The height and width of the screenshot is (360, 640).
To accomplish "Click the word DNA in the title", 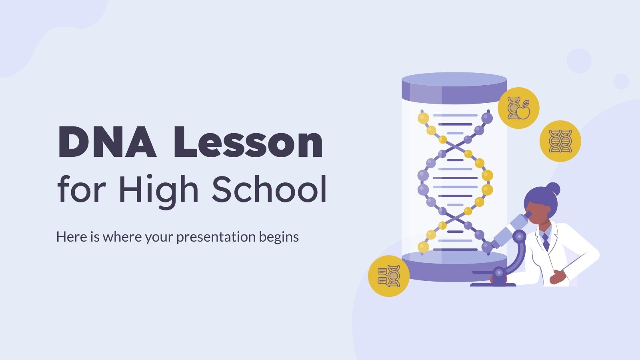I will (107, 142).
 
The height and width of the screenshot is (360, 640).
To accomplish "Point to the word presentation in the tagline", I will (216, 237).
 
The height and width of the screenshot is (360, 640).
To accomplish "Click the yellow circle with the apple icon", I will (518, 108).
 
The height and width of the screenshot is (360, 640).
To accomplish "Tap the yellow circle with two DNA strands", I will (560, 141).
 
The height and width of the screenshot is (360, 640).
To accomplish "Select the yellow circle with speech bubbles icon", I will (388, 276).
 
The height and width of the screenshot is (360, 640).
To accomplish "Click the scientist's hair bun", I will (553, 189).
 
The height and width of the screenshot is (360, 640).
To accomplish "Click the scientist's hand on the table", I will (557, 277).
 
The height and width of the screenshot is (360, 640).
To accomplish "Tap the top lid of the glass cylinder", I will (454, 86).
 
